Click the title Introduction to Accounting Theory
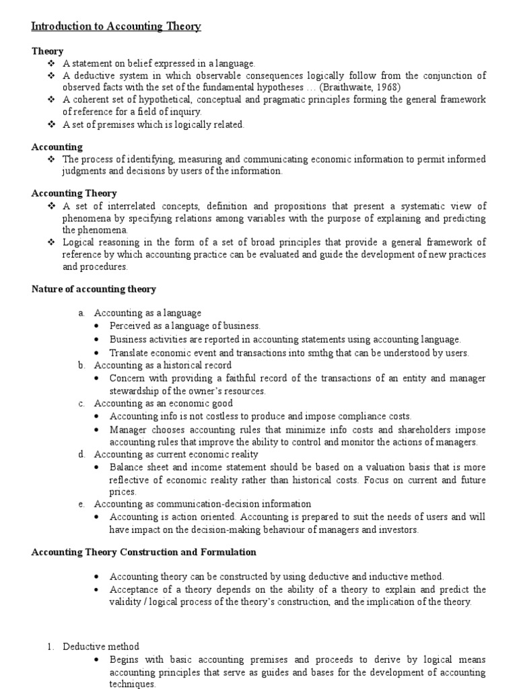(116, 26)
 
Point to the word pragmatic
(275, 100)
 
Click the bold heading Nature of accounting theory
(94, 289)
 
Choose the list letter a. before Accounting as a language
(81, 313)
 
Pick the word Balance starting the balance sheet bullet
(127, 466)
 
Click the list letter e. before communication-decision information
(81, 503)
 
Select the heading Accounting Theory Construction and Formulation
(144, 552)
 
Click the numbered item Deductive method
(101, 647)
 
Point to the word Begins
(125, 659)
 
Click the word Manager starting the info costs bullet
(129, 429)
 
